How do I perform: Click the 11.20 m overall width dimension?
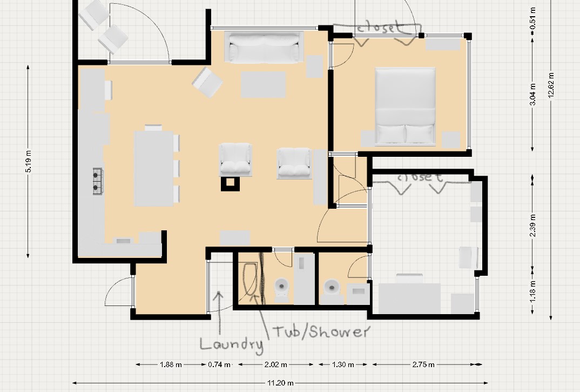pyautogui.click(x=280, y=383)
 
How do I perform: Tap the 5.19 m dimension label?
pyautogui.click(x=29, y=161)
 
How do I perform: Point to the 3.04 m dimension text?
pyautogui.click(x=532, y=94)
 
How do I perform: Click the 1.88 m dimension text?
pyautogui.click(x=171, y=364)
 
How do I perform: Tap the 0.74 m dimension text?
pyautogui.click(x=219, y=364)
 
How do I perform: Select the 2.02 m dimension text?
pyautogui.click(x=276, y=364)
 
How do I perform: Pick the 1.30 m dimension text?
pyautogui.click(x=343, y=364)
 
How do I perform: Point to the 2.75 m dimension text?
pyautogui.click(x=423, y=364)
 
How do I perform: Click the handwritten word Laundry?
pyautogui.click(x=232, y=344)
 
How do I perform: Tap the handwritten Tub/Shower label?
pyautogui.click(x=321, y=331)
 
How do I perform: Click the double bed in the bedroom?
pyautogui.click(x=405, y=106)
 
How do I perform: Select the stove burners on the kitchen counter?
pyautogui.click(x=97, y=181)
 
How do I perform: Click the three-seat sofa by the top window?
pyautogui.click(x=264, y=48)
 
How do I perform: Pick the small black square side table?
pyautogui.click(x=230, y=183)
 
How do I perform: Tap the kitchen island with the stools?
pyautogui.click(x=154, y=168)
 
